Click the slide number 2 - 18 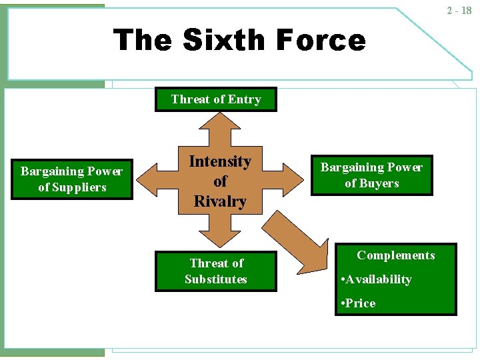pyautogui.click(x=459, y=11)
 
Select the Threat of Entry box pyautogui.click(x=215, y=99)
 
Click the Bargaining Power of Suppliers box pyautogui.click(x=71, y=179)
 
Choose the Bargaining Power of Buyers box pyautogui.click(x=371, y=175)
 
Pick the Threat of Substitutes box pyautogui.click(x=215, y=271)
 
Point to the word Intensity pyautogui.click(x=220, y=161)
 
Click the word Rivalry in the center pyautogui.click(x=220, y=201)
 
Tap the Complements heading pyautogui.click(x=395, y=255)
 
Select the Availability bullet pyautogui.click(x=377, y=279)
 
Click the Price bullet pyautogui.click(x=359, y=303)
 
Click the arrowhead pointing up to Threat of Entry pyautogui.click(x=215, y=121)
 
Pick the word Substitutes pyautogui.click(x=215, y=279)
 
